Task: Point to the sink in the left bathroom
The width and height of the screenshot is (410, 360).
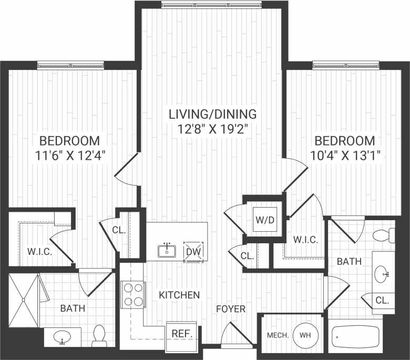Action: [x=63, y=336]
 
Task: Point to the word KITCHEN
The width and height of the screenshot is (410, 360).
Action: [x=179, y=295]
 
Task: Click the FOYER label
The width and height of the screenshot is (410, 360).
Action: [x=231, y=309]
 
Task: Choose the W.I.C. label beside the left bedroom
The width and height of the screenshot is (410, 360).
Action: [x=39, y=252]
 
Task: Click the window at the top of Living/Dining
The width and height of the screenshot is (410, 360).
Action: [x=212, y=6]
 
